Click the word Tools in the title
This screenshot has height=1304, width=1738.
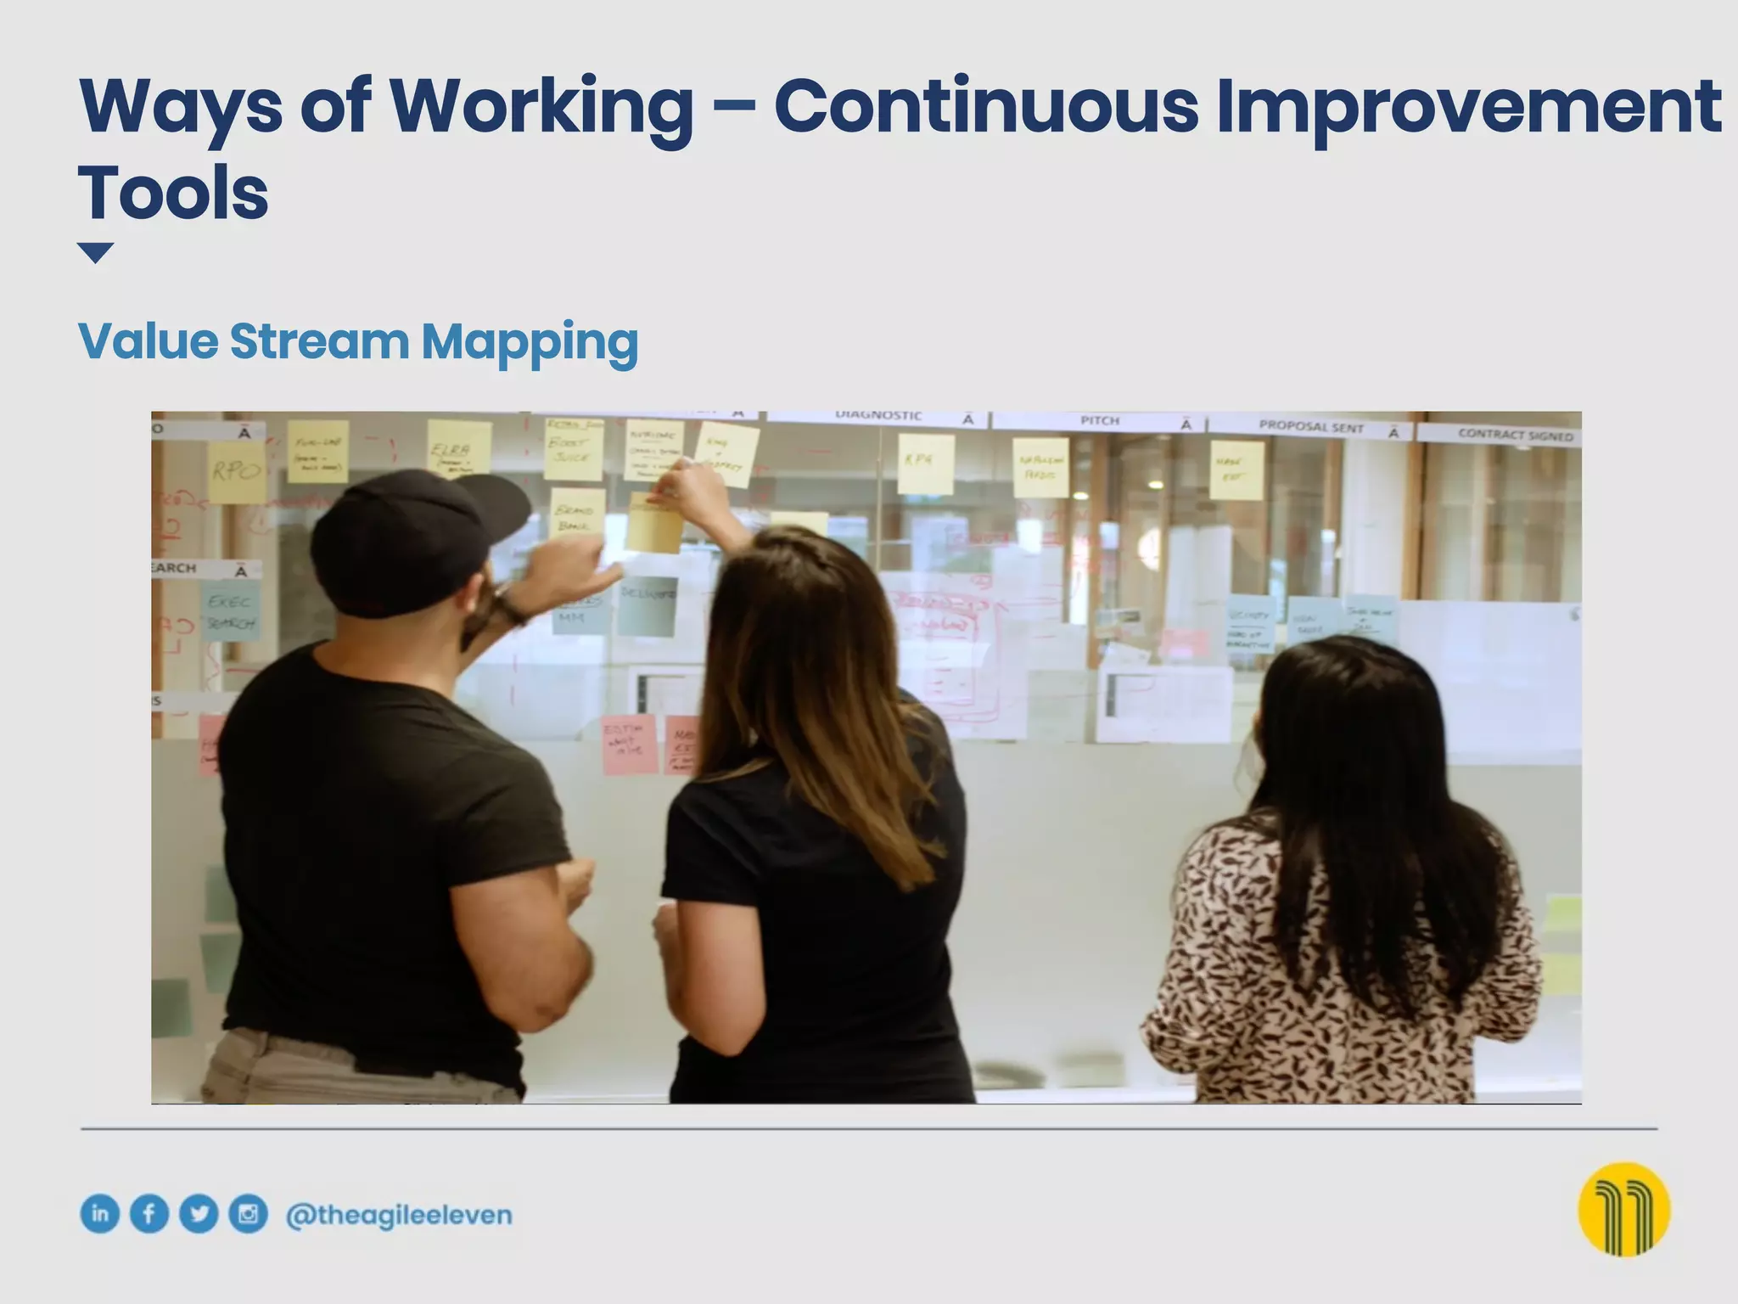(x=174, y=194)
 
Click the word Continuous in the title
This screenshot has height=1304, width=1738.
(x=985, y=107)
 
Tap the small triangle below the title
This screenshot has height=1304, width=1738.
(x=95, y=252)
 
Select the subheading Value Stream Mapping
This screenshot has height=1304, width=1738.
(x=357, y=341)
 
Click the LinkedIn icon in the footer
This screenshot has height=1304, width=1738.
(x=99, y=1213)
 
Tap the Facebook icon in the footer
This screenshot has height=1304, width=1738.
(x=149, y=1213)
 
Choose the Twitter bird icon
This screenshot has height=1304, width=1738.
(x=199, y=1213)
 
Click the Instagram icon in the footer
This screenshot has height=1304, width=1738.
(x=248, y=1213)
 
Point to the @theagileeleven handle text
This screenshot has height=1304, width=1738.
(x=399, y=1215)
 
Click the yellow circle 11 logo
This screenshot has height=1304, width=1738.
(x=1623, y=1209)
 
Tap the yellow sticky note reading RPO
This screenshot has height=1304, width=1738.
(x=236, y=471)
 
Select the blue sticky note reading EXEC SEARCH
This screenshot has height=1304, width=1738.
(x=230, y=611)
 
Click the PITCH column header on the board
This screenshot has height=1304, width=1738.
(x=1100, y=421)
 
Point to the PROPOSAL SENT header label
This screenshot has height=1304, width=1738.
(x=1311, y=427)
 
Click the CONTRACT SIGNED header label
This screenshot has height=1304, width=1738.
(x=1515, y=435)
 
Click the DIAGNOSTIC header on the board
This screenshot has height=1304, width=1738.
(x=878, y=416)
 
